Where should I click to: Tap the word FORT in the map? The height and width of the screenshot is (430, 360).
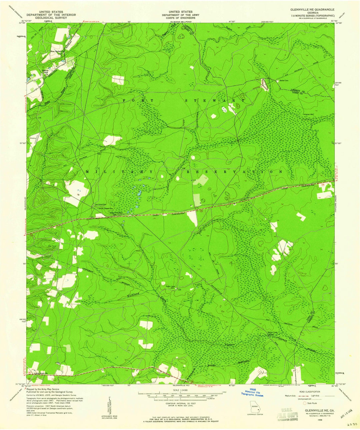[x=138, y=100]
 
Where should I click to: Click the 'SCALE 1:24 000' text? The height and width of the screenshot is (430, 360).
[x=180, y=390]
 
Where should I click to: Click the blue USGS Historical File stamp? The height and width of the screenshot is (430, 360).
[x=252, y=394]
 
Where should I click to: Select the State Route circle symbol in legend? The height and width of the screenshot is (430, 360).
[x=304, y=403]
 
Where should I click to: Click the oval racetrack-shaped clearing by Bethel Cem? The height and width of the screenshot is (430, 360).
[x=264, y=84]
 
